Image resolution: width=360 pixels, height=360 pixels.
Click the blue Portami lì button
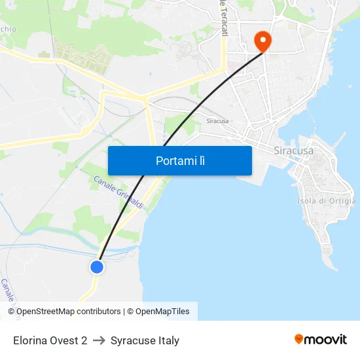coord(180,160)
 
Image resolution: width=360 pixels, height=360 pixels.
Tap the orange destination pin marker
coord(262,41)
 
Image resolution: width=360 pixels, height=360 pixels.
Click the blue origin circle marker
coord(97,266)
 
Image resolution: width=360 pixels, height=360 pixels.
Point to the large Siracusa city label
coord(293,151)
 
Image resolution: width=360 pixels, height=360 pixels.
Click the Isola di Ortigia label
coord(326,201)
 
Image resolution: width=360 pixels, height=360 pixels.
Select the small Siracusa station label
coord(217,121)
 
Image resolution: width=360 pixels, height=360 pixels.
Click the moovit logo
coord(321,340)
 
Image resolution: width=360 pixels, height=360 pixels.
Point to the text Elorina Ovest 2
coord(50,340)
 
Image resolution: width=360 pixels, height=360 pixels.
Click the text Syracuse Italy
coord(145,340)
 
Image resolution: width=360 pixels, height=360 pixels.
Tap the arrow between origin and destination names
coord(99,340)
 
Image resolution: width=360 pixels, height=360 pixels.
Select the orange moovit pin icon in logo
coord(299,339)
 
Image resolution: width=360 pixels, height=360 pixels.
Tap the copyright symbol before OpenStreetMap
coord(12,312)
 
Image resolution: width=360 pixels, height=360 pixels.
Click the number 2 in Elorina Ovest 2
coord(84,340)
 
